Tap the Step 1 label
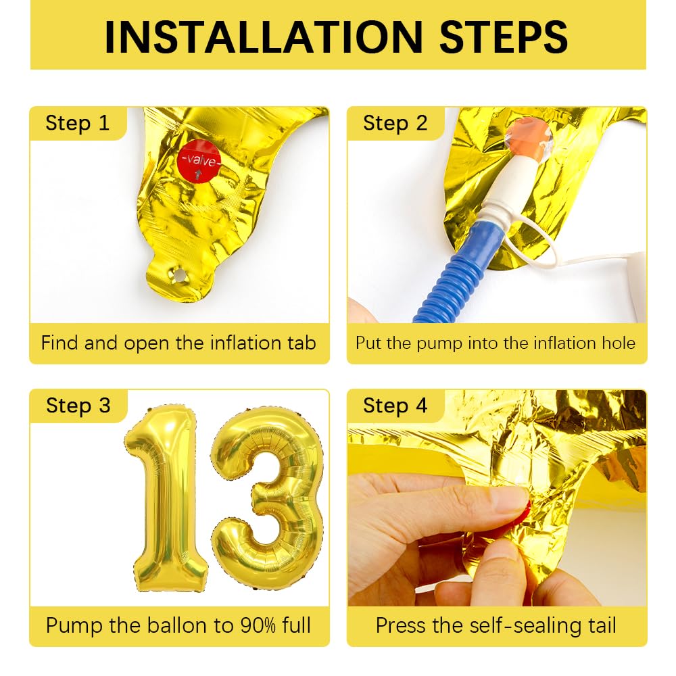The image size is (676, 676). tap(77, 123)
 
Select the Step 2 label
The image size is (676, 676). tap(395, 123)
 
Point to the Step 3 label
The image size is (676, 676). tap(78, 406)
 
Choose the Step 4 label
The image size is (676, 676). tap(395, 406)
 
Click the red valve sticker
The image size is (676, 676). tap(199, 161)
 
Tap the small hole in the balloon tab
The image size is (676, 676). tap(179, 275)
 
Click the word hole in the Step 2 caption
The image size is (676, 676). tap(618, 343)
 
